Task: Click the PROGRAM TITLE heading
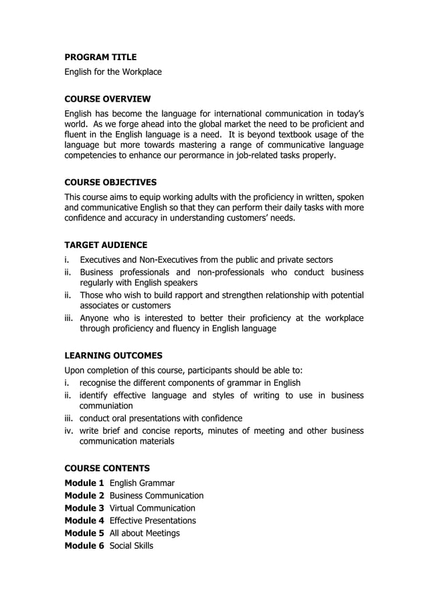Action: coord(100,57)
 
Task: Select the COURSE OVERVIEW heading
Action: coord(107,99)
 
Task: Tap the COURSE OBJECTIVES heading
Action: coord(110,182)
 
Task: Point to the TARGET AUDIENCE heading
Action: coord(106,245)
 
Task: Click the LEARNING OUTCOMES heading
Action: coord(113,355)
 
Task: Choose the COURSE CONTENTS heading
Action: coord(107,468)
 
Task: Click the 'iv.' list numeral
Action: coord(70,431)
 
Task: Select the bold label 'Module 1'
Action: coord(84,483)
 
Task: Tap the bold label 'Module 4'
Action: coord(84,520)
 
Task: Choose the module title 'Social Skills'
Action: coord(131,546)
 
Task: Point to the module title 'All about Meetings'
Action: coord(144,533)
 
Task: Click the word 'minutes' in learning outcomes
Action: coord(228,431)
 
